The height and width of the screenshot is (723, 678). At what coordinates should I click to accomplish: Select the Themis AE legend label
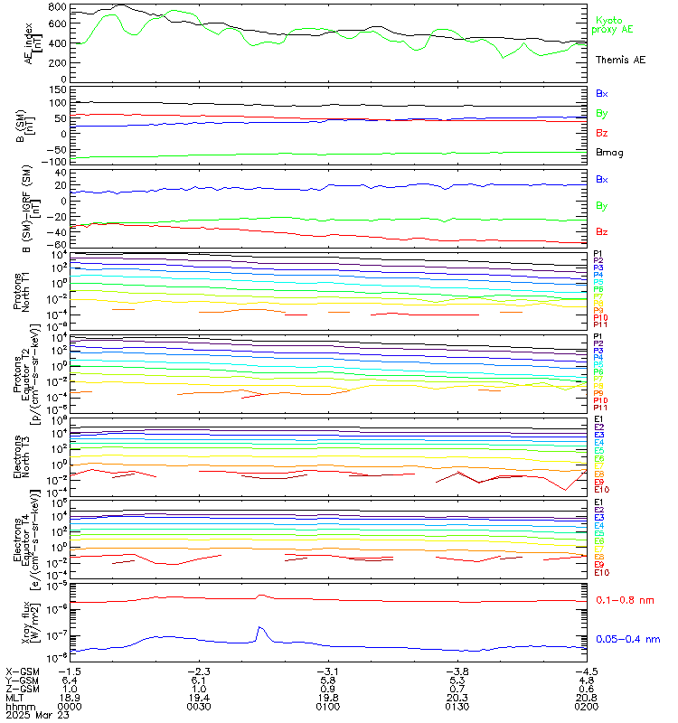pyautogui.click(x=620, y=60)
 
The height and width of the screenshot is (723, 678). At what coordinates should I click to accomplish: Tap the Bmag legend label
pyautogui.click(x=608, y=154)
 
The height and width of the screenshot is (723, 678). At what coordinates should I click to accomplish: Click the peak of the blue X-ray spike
pyautogui.click(x=260, y=627)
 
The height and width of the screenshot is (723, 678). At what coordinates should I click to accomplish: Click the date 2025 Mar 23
pyautogui.click(x=33, y=715)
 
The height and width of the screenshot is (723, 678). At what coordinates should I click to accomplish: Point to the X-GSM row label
pyautogui.click(x=22, y=671)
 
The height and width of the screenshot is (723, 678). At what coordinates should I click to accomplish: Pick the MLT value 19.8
pyautogui.click(x=326, y=697)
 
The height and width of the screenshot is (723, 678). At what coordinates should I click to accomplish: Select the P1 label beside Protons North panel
pyautogui.click(x=598, y=254)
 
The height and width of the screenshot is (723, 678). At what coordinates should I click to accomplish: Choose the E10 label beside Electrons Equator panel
pyautogui.click(x=601, y=573)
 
